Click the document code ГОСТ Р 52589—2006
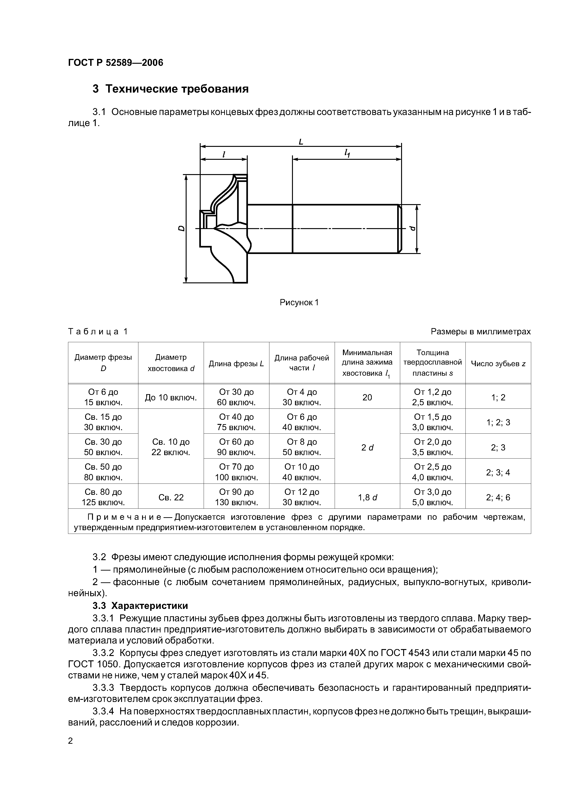pos(116,63)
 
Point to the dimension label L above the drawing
pos(301,142)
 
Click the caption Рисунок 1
pos(299,302)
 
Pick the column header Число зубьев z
pos(498,364)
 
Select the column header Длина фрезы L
pos(236,364)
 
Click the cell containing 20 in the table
pos(367,397)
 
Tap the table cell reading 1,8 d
pos(367,497)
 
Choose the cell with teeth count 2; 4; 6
pos(498,497)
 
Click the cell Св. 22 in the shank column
pos(171,497)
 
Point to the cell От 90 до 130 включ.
pos(236,497)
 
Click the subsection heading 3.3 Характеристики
pos(140,606)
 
